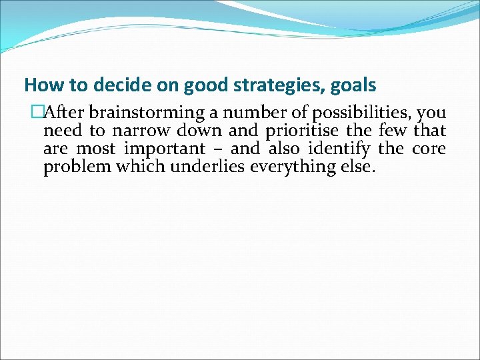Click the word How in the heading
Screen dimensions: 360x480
pyautogui.click(x=40, y=85)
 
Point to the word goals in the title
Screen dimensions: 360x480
pyautogui.click(x=353, y=86)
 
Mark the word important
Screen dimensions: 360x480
pyautogui.click(x=165, y=148)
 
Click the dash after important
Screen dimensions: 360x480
pyautogui.click(x=217, y=149)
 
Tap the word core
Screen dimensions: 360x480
pyautogui.click(x=429, y=148)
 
